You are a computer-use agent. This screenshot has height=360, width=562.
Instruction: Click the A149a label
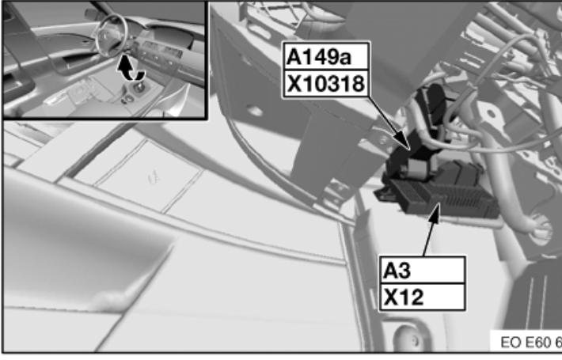[319, 57]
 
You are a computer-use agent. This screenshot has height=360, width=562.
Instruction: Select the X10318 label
[326, 84]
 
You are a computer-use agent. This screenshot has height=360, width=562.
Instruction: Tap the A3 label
[397, 271]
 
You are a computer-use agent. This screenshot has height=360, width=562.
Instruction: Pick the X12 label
[403, 297]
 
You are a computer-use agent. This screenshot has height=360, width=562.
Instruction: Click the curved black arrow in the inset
[130, 69]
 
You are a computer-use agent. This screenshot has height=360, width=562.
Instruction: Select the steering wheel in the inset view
[112, 35]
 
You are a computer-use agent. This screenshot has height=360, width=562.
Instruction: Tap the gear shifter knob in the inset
[139, 86]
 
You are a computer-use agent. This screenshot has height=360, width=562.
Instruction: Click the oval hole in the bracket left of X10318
[255, 111]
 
